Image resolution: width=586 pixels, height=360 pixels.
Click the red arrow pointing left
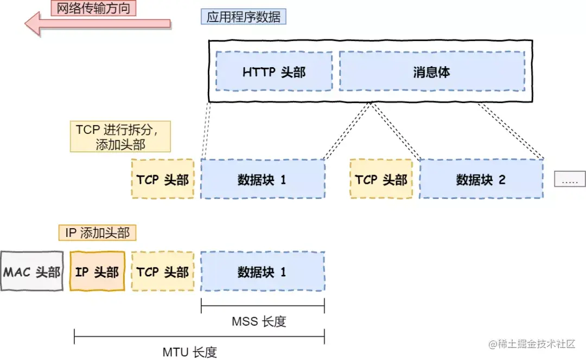coord(98,24)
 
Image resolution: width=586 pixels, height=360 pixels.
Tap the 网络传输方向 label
coord(93,8)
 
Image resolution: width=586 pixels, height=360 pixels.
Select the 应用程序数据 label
coord(244,16)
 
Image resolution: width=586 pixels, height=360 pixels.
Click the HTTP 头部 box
coord(274,72)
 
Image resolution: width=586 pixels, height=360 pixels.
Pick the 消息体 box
coord(431,72)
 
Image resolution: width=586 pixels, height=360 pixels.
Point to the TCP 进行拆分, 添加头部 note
coord(120,137)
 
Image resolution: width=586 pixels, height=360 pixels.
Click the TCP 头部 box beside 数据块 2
coord(381,179)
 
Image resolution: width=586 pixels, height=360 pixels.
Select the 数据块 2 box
coord(481,179)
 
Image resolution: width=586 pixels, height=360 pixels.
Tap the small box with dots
coord(569,179)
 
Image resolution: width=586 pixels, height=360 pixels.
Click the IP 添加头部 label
coord(97,233)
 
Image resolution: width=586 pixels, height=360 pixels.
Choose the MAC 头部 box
coord(32,271)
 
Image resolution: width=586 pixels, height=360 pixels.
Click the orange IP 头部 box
coord(97,271)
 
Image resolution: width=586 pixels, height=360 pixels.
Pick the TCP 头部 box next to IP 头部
coord(163,271)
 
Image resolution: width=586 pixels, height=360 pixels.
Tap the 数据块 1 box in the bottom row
coord(263,271)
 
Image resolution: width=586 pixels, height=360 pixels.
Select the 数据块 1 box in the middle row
coord(263,179)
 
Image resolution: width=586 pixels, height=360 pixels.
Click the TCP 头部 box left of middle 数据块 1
coord(163,179)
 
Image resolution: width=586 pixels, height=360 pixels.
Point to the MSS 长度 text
coord(259,322)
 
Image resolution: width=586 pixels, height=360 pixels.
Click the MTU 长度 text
coord(190,352)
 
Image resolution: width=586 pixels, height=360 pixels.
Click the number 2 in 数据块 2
coord(502,180)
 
